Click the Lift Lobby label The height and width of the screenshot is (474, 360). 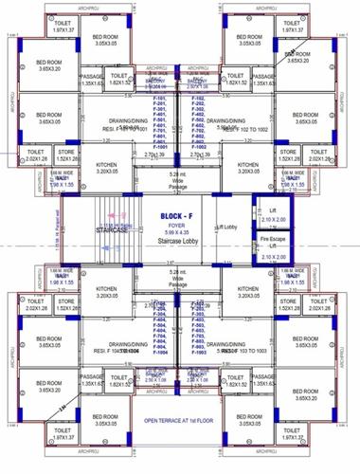(x=225, y=228)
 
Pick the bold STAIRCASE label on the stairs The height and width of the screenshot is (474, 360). (x=111, y=229)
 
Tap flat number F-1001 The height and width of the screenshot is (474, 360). (x=158, y=148)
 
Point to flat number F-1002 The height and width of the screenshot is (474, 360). (x=199, y=148)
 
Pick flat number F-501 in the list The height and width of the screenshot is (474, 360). (x=158, y=120)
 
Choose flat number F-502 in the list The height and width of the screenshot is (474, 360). (x=199, y=120)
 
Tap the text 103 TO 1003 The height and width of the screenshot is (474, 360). (x=243, y=350)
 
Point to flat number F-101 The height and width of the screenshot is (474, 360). (x=158, y=98)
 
